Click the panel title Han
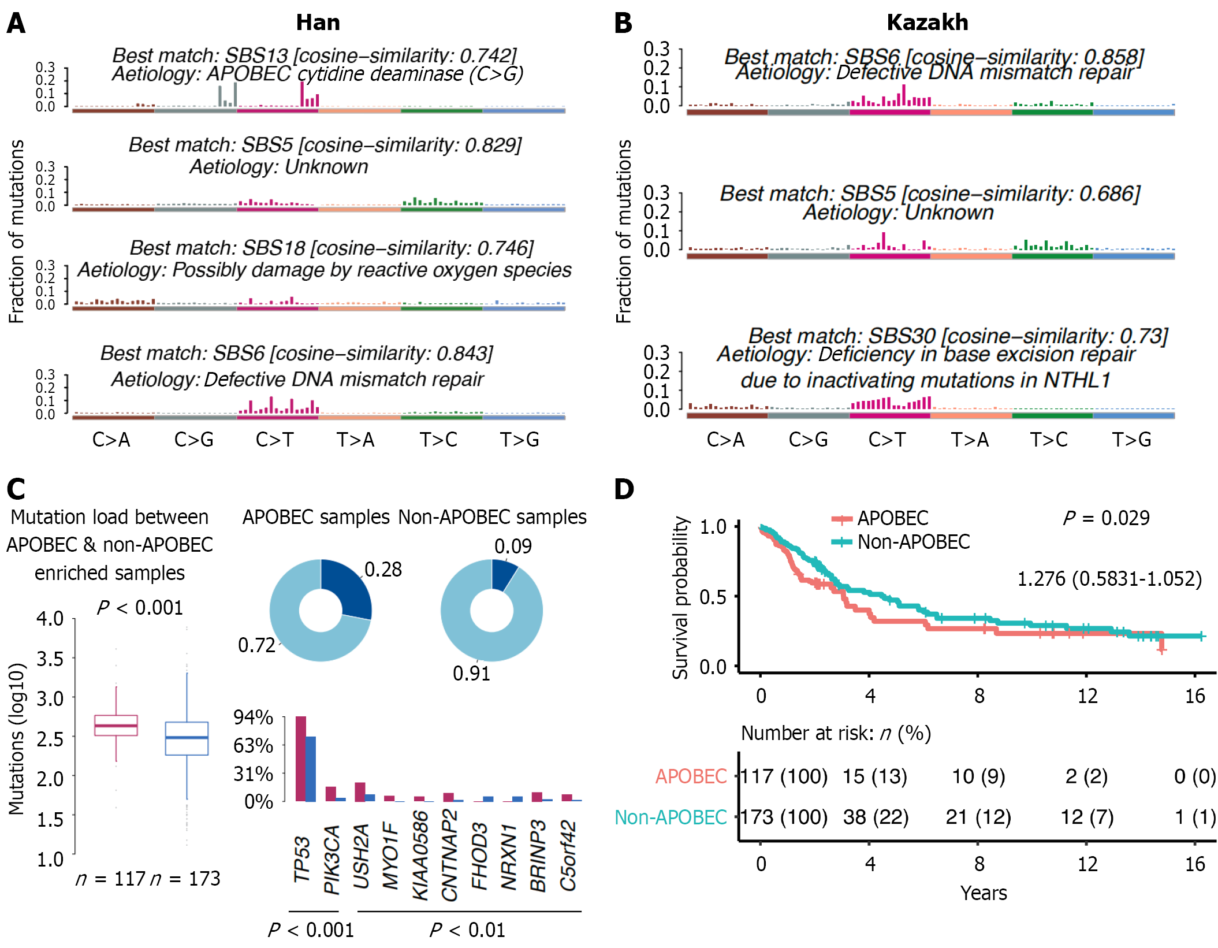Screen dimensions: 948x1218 (x=318, y=23)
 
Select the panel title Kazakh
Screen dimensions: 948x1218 (x=927, y=23)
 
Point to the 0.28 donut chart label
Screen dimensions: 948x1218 (x=383, y=570)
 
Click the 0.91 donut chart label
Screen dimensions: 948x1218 (x=471, y=674)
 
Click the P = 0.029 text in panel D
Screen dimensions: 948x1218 (x=1106, y=518)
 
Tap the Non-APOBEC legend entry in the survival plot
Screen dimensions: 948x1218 (x=913, y=542)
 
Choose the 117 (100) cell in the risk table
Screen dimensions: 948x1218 (x=784, y=776)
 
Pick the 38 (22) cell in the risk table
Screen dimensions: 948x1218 (x=876, y=817)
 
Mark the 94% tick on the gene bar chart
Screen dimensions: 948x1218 (x=253, y=717)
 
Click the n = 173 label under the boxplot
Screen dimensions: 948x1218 (x=185, y=879)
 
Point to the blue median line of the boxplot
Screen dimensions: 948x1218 (x=187, y=738)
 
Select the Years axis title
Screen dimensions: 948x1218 (x=984, y=893)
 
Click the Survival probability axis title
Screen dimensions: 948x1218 (x=681, y=597)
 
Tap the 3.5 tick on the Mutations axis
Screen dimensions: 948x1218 (x=50, y=659)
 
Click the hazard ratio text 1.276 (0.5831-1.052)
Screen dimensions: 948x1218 (x=1109, y=579)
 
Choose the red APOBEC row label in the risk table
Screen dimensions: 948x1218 (x=691, y=776)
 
